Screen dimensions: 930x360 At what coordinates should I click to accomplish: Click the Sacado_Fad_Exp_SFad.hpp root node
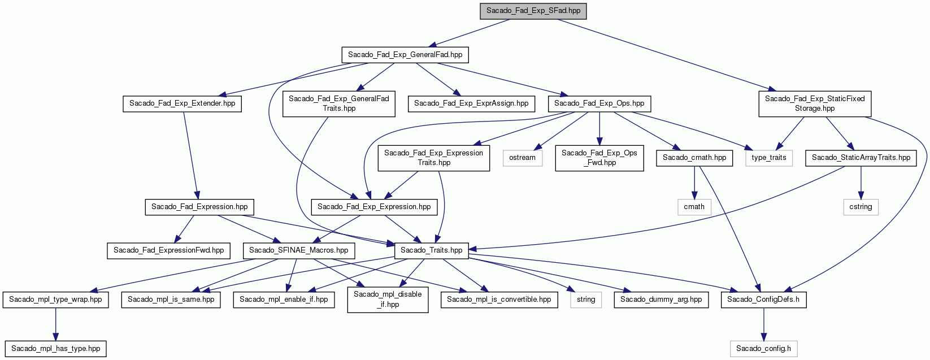point(533,11)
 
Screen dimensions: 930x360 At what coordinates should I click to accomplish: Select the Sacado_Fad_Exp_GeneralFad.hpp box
point(405,55)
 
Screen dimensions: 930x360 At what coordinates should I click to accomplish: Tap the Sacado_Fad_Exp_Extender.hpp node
point(182,103)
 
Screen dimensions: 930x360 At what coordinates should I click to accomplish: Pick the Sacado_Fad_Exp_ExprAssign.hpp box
point(471,103)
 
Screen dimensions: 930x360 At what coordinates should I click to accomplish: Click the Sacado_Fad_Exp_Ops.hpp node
point(599,103)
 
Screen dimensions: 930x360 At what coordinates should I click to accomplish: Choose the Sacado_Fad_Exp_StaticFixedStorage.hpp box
point(815,104)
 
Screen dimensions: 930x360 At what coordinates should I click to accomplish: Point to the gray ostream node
point(522,158)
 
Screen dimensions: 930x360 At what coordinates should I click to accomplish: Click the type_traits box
point(768,158)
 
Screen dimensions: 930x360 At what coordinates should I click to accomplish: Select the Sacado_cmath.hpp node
point(694,158)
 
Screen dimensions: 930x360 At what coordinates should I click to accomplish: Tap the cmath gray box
point(694,207)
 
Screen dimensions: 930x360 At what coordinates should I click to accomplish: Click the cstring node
point(861,207)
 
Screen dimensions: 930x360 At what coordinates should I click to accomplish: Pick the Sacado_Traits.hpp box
point(431,250)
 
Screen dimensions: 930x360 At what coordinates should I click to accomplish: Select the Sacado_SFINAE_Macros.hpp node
point(298,250)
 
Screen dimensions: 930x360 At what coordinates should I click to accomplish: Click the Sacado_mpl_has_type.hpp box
point(55,348)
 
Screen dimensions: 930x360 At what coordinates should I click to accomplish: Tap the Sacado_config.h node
point(763,348)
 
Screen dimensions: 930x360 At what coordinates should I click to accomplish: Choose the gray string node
point(586,300)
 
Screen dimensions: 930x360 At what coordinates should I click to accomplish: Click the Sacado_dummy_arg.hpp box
point(661,300)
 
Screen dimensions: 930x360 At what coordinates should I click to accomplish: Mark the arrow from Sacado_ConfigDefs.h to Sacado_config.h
point(763,324)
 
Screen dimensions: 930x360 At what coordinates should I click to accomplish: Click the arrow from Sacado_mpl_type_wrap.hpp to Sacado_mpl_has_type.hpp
point(55,324)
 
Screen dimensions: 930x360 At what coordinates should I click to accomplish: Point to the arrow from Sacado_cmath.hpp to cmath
point(694,183)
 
